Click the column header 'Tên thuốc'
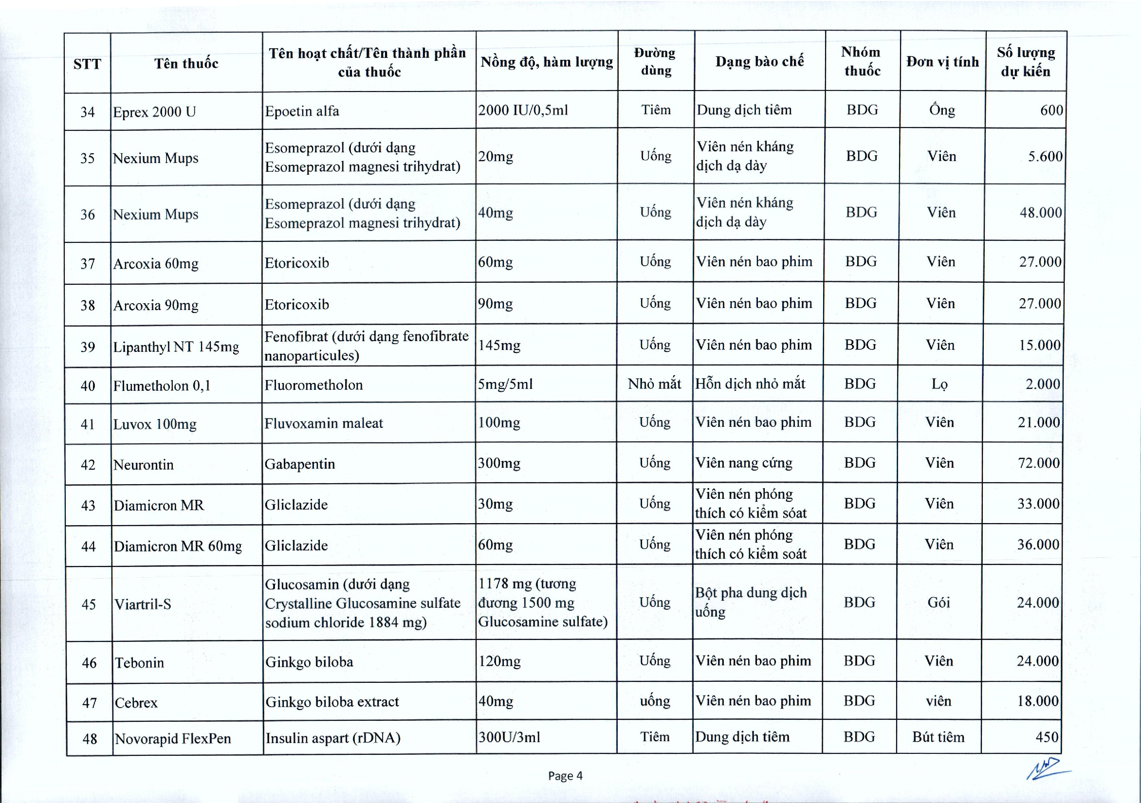186,64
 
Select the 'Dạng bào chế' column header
759,62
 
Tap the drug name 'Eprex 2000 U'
155,112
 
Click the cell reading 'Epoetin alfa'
302,111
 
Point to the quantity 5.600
1045,157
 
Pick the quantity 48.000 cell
1041,213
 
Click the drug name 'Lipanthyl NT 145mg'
176,347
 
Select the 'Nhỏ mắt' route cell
655,383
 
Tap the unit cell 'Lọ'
939,384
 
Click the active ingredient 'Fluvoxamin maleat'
324,423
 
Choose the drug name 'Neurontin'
144,465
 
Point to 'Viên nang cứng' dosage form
743,463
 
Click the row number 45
89,604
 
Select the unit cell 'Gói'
938,602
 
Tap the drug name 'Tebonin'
140,662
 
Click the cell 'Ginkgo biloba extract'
332,702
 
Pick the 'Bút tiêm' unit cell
938,737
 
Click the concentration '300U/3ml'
509,737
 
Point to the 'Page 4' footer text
565,776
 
